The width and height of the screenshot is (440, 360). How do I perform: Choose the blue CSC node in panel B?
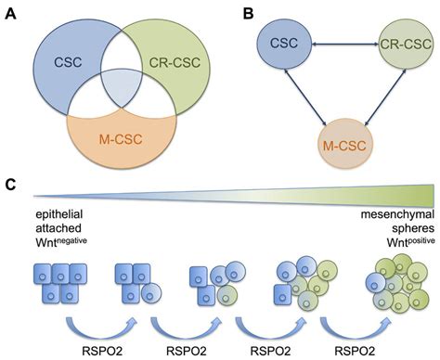click(x=283, y=44)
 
